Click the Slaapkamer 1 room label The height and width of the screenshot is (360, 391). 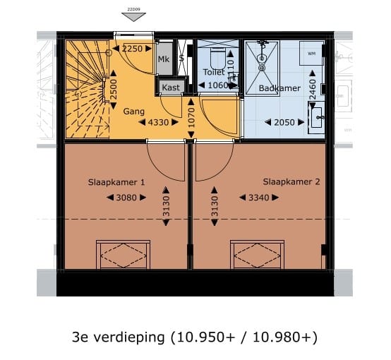pos(116,182)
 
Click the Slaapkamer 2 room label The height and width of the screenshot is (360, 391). pos(291,182)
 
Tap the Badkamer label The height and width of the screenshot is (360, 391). pos(279,88)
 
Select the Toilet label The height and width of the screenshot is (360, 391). pos(213,73)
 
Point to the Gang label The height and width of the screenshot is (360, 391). pos(134,112)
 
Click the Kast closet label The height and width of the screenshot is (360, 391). pos(171,87)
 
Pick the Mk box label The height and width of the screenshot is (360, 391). pos(164,59)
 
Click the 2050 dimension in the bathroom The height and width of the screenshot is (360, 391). pos(284,122)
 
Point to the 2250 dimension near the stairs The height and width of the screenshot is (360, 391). pos(132,49)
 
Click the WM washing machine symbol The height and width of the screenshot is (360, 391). pos(311,53)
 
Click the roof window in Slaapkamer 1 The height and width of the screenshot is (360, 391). pos(123,253)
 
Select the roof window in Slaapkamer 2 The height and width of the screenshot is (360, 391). pos(257,253)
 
